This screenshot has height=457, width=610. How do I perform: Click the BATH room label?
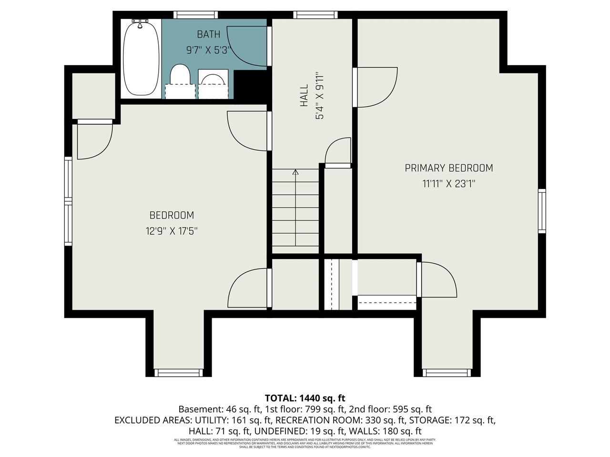(x=209, y=34)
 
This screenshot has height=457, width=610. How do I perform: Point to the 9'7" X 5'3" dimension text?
(x=209, y=50)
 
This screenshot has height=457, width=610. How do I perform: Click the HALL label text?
(x=304, y=95)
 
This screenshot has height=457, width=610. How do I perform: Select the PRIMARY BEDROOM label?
(x=448, y=168)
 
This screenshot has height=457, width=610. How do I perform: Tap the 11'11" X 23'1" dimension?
(x=448, y=184)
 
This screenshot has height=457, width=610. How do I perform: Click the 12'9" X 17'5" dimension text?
(x=172, y=231)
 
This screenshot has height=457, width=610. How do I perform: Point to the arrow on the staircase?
(x=295, y=173)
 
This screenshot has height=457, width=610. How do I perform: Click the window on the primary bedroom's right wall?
(x=542, y=211)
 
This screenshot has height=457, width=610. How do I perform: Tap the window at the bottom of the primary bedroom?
(x=447, y=372)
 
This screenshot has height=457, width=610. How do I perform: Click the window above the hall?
(x=315, y=15)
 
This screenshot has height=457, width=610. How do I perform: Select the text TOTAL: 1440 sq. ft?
(x=305, y=398)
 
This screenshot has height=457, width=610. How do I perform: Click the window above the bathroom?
(x=195, y=15)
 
